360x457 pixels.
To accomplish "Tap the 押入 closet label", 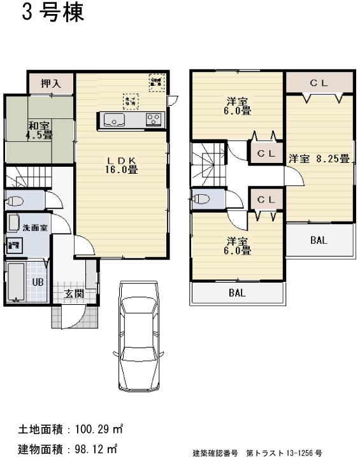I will [51, 83].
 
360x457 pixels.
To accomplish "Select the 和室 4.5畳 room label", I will [40, 130].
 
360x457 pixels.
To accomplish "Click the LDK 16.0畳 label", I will [122, 164].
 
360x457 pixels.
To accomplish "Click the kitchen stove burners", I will [154, 119].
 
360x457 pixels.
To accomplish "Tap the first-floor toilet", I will [15, 201].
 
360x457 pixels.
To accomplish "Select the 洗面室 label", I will [35, 228].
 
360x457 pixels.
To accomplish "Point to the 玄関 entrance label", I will [74, 294].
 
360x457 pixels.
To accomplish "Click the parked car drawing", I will [140, 337].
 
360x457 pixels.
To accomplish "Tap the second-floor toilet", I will [201, 199].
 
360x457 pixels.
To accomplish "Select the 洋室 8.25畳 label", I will [319, 158].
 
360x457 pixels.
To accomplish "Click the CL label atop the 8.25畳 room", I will [319, 83].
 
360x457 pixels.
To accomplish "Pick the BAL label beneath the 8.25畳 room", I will [319, 240].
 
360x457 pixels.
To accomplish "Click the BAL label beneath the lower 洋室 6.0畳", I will [237, 293].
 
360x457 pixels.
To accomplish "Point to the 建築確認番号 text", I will [215, 453].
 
